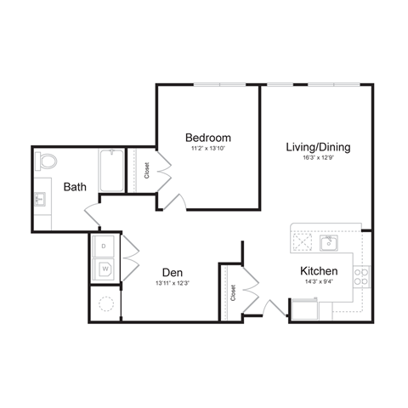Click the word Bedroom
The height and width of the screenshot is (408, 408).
pyautogui.click(x=208, y=138)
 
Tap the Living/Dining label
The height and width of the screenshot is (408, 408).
pyautogui.click(x=318, y=146)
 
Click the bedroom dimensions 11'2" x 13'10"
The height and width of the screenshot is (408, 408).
pyautogui.click(x=208, y=149)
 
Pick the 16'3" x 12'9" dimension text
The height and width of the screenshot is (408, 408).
pyautogui.click(x=318, y=157)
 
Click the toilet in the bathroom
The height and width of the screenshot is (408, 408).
pyautogui.click(x=46, y=161)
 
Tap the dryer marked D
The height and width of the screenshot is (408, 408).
pyautogui.click(x=105, y=246)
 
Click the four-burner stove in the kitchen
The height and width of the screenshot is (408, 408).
pyautogui.click(x=361, y=276)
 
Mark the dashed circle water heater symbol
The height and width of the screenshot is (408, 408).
pyautogui.click(x=106, y=303)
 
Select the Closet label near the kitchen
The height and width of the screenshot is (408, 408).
pyautogui.click(x=233, y=292)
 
